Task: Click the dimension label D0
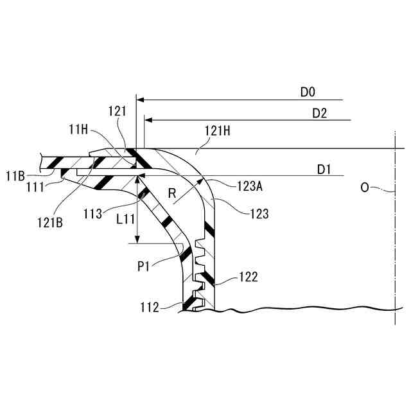pyautogui.click(x=308, y=92)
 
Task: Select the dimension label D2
pyautogui.click(x=320, y=113)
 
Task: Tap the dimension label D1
pyautogui.click(x=324, y=170)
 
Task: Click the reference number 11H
pyautogui.click(x=78, y=130)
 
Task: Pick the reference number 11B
pyautogui.click(x=16, y=175)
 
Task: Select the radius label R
pyautogui.click(x=171, y=192)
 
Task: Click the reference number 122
pyautogui.click(x=247, y=277)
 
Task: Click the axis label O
pyautogui.click(x=365, y=188)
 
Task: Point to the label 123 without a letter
pyautogui.click(x=258, y=213)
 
